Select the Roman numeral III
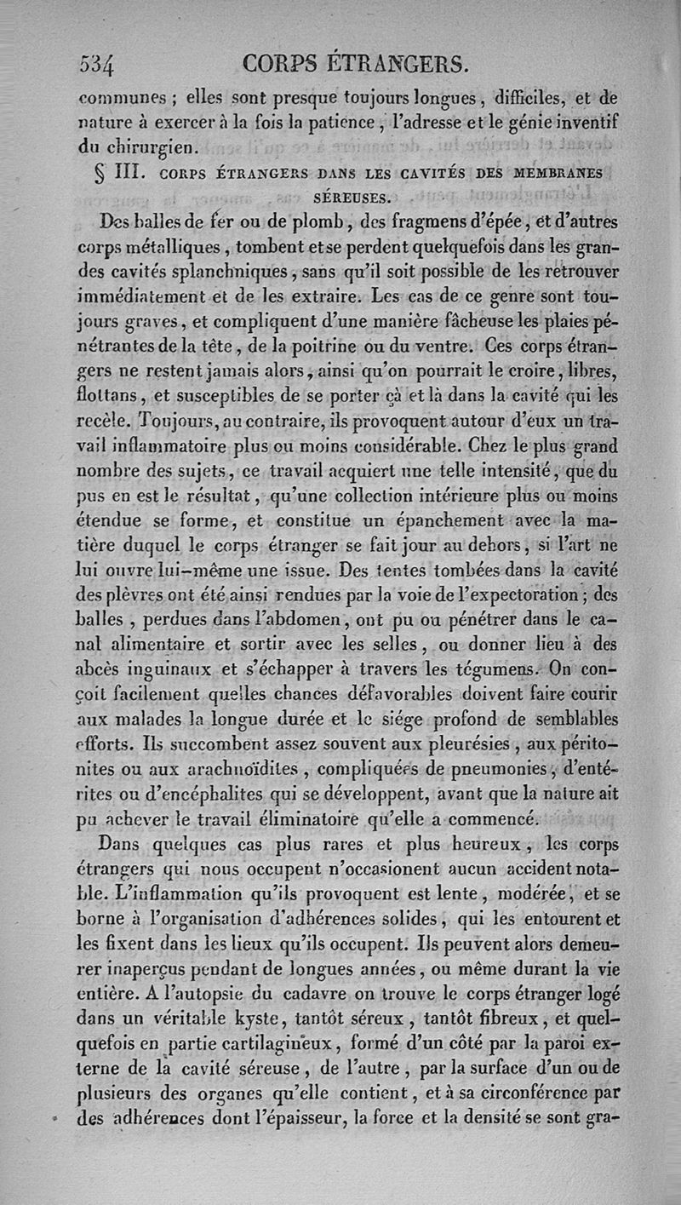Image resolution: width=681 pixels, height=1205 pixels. (133, 174)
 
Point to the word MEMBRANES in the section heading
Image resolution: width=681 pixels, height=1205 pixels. (558, 174)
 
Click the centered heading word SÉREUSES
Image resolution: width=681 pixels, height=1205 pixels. (352, 198)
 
